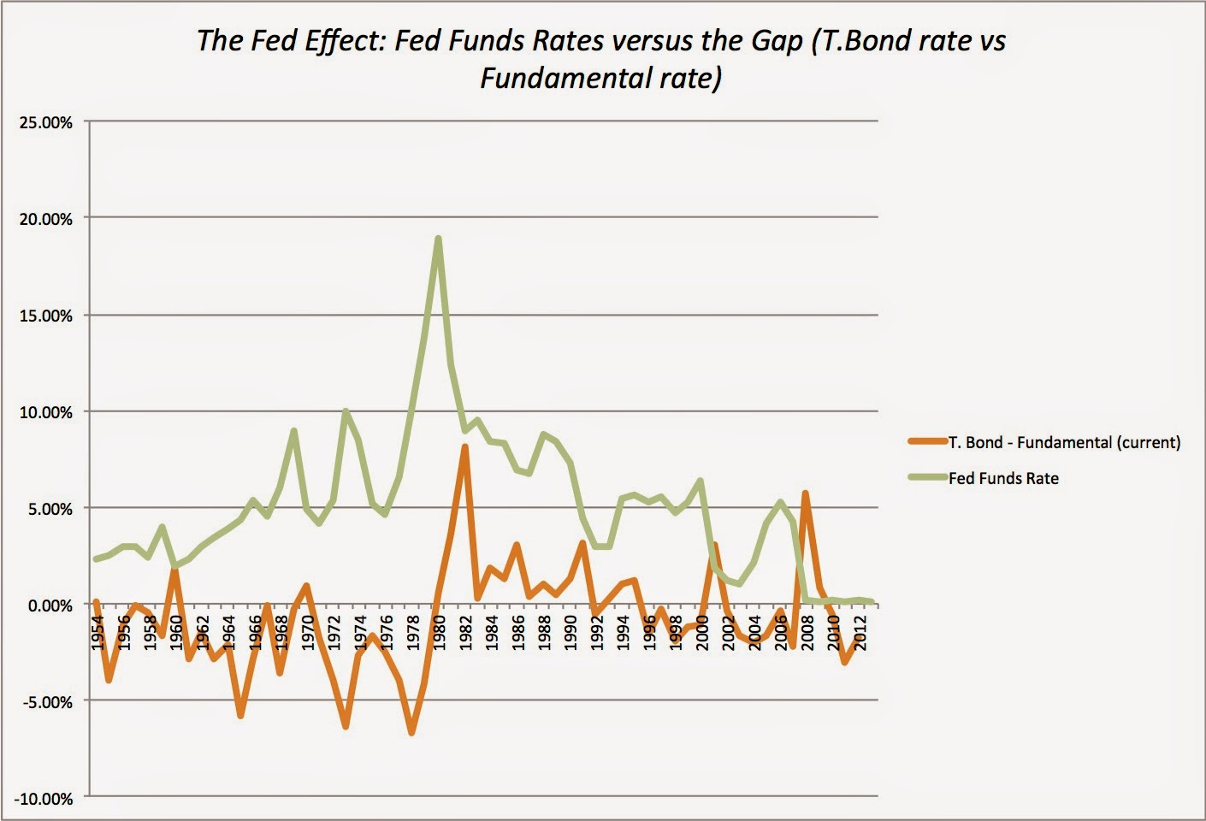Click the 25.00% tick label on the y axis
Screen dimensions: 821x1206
click(x=44, y=122)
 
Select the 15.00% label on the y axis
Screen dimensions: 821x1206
click(x=44, y=316)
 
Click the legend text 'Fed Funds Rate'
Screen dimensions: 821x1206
click(x=1003, y=479)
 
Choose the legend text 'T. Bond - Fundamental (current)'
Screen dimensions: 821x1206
click(x=1064, y=443)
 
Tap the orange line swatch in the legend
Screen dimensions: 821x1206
click(x=927, y=442)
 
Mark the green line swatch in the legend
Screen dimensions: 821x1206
click(x=927, y=478)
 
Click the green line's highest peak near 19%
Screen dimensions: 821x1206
click(x=438, y=239)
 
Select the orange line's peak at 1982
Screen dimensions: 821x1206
click(x=464, y=446)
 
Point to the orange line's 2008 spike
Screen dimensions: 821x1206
click(x=805, y=493)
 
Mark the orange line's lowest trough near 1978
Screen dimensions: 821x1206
click(x=411, y=733)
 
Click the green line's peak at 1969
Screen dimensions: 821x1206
click(x=293, y=431)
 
